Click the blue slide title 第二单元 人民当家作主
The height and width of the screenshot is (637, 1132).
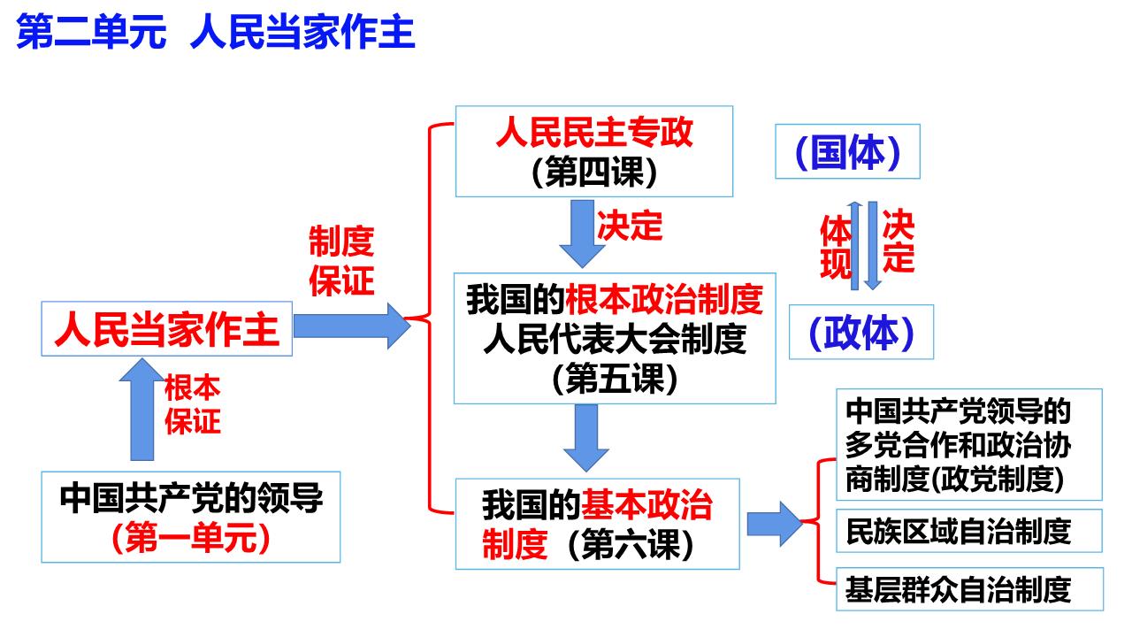point(216,32)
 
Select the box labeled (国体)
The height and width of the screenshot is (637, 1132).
point(847,151)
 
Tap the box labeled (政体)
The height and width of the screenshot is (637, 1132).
point(861,332)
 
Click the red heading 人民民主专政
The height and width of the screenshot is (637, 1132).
point(593,132)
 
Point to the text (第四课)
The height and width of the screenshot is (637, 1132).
point(593,172)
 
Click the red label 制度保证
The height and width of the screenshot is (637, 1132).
point(341,261)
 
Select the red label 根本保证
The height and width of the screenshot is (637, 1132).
point(193,404)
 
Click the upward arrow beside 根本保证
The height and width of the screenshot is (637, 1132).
point(142,410)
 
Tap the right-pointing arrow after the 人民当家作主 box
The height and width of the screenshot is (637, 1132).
point(352,326)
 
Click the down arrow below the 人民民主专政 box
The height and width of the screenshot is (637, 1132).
point(582,234)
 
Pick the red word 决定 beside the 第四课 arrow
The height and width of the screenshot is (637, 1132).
point(630,226)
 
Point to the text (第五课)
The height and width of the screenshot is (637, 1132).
point(615,380)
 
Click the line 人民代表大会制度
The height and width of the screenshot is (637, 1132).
point(615,339)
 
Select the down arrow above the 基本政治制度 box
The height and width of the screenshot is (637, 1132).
point(586,438)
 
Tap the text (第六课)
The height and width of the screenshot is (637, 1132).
point(631,544)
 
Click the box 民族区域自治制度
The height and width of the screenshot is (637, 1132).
point(969,531)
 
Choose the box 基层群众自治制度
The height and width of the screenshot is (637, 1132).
point(970,589)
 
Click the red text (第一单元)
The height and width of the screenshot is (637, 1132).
point(190,537)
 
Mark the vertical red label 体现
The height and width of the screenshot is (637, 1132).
point(835,247)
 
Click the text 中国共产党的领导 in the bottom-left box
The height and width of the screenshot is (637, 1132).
point(191,498)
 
